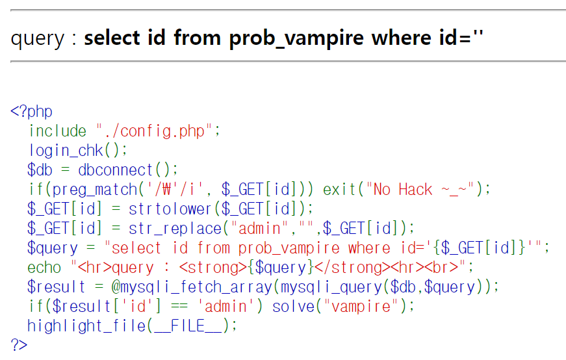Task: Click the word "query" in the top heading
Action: point(38,38)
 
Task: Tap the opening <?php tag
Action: point(31,111)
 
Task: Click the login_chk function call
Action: point(66,150)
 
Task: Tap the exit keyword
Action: point(340,189)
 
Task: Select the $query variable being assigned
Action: point(52,248)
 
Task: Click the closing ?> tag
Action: point(19,345)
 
